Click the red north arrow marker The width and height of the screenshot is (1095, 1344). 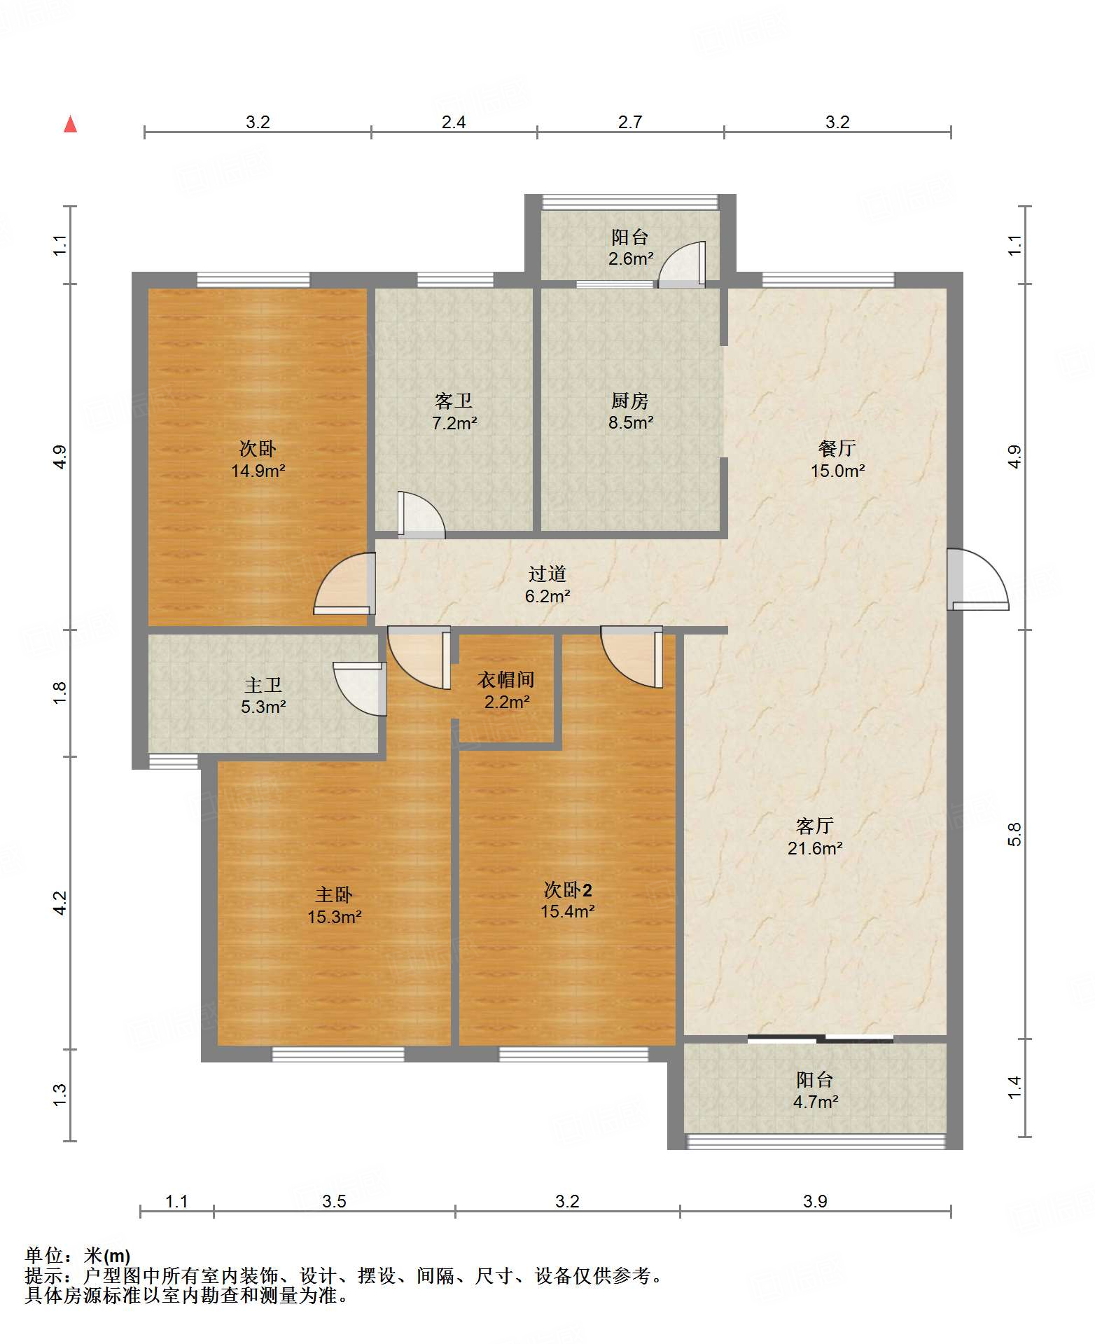click(x=70, y=124)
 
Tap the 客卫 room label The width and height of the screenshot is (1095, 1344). click(x=454, y=401)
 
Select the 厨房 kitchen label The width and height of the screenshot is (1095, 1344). click(x=630, y=401)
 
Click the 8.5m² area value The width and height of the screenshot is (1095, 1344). click(x=631, y=423)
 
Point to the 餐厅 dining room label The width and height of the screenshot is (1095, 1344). click(x=837, y=448)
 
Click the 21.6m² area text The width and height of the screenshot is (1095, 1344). click(x=815, y=849)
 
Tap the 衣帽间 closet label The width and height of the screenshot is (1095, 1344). click(x=506, y=679)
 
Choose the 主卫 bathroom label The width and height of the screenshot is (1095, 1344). click(x=263, y=685)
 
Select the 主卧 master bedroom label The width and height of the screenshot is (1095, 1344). click(x=334, y=894)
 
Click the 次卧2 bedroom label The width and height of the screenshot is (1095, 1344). click(x=568, y=889)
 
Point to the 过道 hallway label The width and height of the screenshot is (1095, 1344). click(x=547, y=574)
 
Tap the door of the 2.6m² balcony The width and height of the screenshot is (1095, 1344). click(x=681, y=265)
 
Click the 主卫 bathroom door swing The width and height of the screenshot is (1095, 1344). click(x=360, y=689)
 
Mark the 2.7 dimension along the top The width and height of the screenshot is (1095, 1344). click(x=630, y=123)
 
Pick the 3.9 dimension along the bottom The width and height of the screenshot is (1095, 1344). click(x=816, y=1202)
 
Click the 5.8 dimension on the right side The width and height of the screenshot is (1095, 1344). click(x=1014, y=834)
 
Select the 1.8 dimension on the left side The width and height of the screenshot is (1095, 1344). click(x=60, y=693)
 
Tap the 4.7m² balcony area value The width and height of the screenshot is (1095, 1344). click(x=816, y=1102)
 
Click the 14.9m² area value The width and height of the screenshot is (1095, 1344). click(x=258, y=471)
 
